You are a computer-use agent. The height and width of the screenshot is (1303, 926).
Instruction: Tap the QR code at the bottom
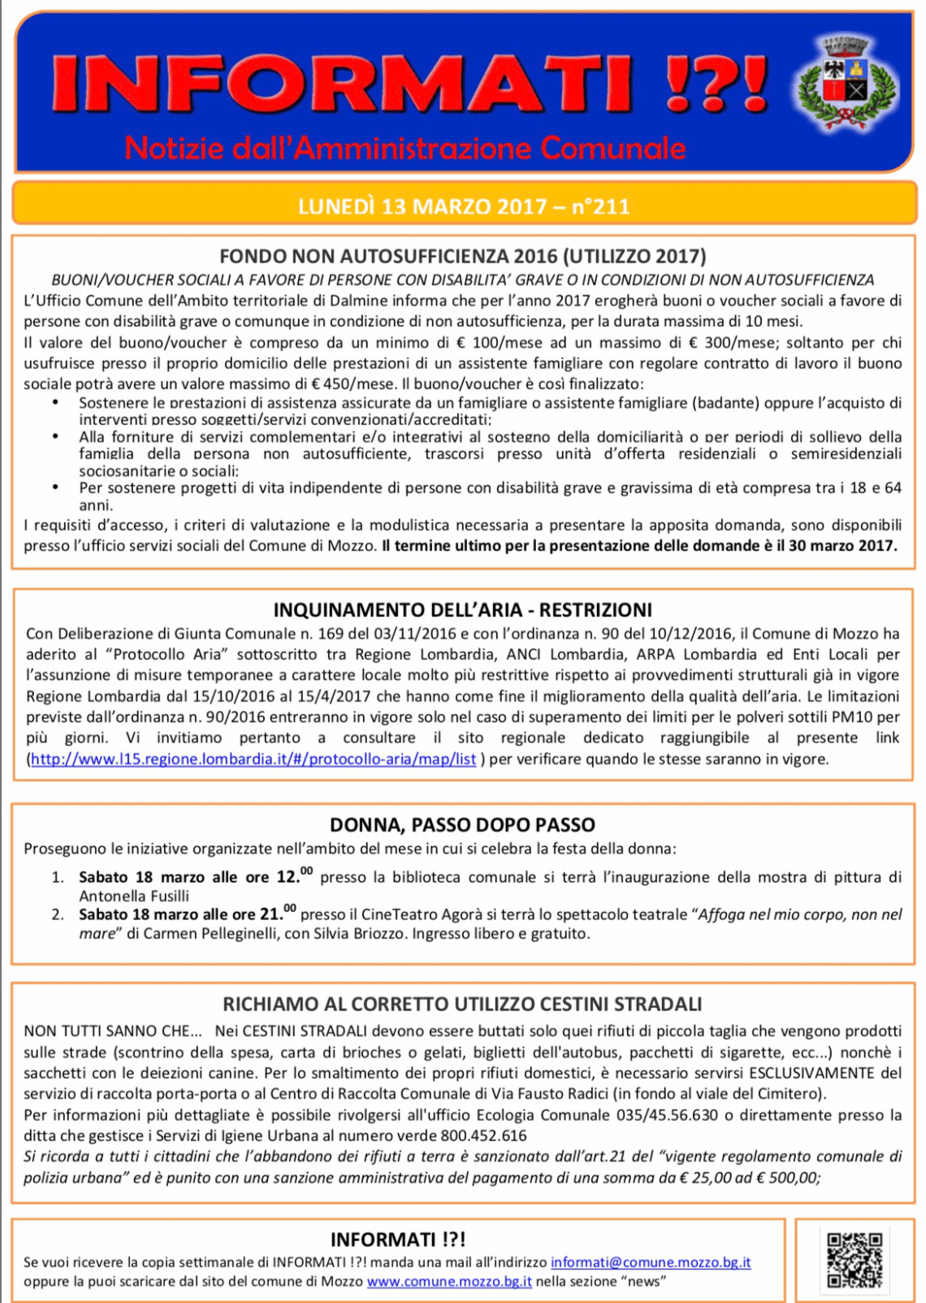tap(854, 1259)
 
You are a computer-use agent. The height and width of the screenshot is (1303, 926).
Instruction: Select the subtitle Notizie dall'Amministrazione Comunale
tap(405, 148)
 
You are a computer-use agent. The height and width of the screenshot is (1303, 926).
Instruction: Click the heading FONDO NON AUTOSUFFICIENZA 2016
tap(462, 257)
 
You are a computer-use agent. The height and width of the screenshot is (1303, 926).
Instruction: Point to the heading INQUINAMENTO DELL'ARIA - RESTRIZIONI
tap(462, 610)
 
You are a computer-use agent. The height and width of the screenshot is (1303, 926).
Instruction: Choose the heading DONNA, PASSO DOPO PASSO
tap(462, 825)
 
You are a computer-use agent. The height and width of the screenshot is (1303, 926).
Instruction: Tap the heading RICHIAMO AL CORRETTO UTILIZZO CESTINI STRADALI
tap(462, 1005)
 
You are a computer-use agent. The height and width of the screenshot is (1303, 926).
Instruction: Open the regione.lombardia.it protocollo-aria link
tap(253, 759)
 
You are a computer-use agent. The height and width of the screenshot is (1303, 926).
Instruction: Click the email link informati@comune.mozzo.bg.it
tap(651, 1262)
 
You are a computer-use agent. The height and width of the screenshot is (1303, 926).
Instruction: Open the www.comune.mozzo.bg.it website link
tap(449, 1282)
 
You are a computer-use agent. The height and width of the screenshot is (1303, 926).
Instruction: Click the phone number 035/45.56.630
tap(667, 1114)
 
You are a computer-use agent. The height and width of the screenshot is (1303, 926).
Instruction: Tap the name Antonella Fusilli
tap(134, 896)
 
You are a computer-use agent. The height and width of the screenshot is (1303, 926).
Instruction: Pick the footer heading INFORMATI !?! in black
tap(398, 1240)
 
